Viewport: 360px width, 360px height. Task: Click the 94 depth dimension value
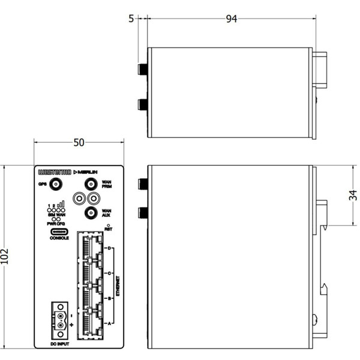(231, 19)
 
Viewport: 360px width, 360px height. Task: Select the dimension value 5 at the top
(131, 19)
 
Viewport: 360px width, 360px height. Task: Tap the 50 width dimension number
(79, 142)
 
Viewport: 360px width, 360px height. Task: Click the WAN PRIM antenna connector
(91, 184)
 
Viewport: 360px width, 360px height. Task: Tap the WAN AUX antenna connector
(91, 212)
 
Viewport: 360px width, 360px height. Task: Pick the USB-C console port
(59, 232)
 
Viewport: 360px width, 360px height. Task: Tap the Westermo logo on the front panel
(54, 172)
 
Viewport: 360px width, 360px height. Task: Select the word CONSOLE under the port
(59, 239)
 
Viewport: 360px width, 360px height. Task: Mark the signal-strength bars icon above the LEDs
(61, 205)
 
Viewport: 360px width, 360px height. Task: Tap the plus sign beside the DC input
(72, 325)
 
